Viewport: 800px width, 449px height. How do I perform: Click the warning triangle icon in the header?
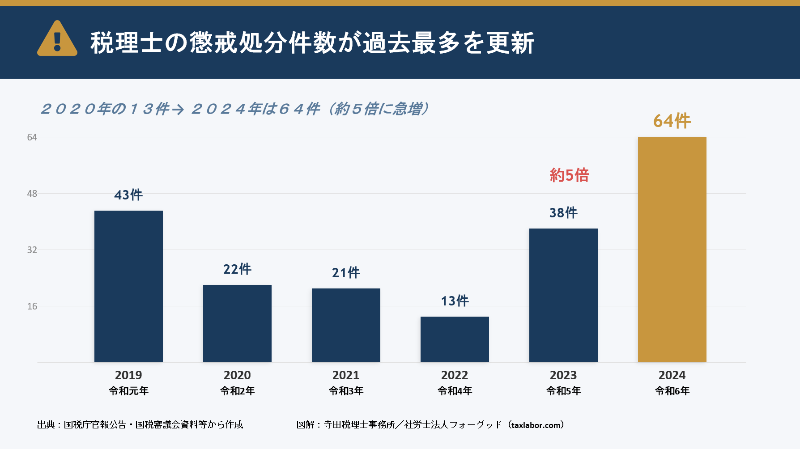pos(57,39)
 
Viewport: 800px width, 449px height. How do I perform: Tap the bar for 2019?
pos(128,286)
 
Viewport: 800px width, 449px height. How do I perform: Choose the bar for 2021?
pos(346,325)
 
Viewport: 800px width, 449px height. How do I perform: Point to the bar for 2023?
pos(563,295)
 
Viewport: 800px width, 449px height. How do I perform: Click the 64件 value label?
pos(672,121)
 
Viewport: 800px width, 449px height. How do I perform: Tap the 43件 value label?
pos(128,195)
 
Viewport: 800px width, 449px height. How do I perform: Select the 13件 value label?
pos(455,301)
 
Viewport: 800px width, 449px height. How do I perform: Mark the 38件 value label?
pos(563,213)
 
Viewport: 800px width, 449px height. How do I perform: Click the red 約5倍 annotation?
pos(569,175)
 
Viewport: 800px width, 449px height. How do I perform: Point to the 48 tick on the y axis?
pos(32,194)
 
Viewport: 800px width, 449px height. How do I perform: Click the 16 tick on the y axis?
pos(32,306)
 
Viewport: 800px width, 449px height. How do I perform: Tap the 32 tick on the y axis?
pos(32,250)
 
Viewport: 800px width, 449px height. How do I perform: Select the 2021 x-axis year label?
pos(346,375)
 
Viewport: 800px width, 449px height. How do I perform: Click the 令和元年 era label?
pos(128,391)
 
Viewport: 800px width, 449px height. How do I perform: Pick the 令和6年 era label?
pos(672,391)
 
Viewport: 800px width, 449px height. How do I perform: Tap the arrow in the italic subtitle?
pos(178,110)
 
